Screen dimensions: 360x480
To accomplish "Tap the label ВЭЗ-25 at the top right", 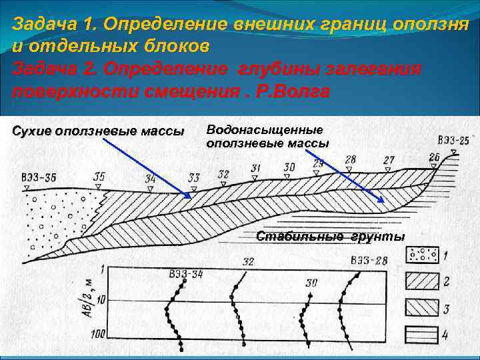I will point(453,141).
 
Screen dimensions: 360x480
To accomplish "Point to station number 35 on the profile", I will point(99,177).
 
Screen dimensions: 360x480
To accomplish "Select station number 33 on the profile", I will point(193,177).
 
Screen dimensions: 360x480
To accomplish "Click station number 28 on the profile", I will point(350,160).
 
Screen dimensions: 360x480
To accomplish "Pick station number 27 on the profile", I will point(389,160).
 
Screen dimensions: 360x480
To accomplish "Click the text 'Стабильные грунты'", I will point(330,237).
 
